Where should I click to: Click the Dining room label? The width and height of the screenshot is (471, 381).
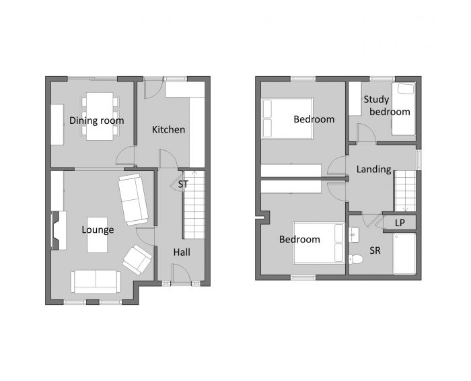point(97,120)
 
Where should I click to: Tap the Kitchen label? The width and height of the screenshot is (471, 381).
point(168,129)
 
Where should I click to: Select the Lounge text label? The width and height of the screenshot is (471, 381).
point(98,230)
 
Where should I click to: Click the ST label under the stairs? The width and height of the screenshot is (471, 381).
point(183,183)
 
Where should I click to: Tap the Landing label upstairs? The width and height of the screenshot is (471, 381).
point(374,169)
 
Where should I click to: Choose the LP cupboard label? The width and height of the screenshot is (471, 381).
point(400,222)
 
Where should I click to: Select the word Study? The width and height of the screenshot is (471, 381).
point(376,100)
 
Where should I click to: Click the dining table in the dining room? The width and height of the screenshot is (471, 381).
point(100,116)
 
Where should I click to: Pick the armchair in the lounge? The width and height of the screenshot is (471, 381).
point(137,259)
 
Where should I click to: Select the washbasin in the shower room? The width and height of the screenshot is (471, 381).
point(355,234)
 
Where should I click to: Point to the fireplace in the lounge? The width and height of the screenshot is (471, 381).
point(57,230)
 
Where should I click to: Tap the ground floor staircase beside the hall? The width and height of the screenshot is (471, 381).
point(193,205)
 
